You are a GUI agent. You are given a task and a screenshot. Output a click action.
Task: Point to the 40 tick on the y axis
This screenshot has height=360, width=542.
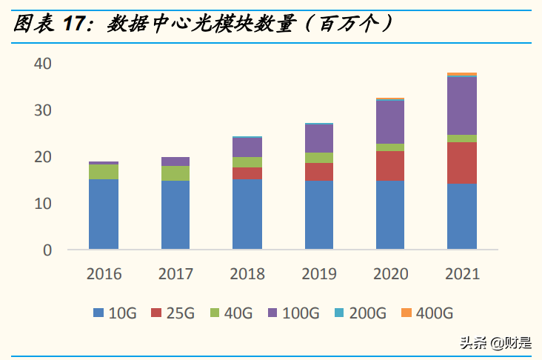pos(42,64)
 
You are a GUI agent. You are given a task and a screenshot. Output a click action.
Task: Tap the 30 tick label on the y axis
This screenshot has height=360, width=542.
pos(42,110)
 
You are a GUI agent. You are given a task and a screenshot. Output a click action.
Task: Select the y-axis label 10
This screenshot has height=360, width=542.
pos(42,203)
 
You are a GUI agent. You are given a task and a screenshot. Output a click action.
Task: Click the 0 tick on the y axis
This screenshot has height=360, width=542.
pos(47,250)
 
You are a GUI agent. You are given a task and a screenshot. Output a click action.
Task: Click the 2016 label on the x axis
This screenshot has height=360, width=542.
pos(103,274)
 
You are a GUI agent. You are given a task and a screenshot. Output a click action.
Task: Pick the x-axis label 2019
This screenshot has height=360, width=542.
pos(318,274)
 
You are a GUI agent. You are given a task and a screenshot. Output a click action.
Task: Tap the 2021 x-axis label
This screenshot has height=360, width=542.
pos(462,274)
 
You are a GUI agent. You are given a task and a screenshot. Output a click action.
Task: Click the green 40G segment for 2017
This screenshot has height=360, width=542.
pos(175,173)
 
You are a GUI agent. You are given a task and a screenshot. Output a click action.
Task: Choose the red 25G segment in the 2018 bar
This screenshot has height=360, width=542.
pos(247,173)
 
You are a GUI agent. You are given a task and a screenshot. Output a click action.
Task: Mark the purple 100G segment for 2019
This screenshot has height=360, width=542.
pos(318,138)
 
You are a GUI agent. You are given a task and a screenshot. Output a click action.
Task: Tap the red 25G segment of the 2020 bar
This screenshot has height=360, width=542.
pos(390,165)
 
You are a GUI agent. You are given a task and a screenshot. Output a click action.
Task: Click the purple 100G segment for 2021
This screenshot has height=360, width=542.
pos(462,106)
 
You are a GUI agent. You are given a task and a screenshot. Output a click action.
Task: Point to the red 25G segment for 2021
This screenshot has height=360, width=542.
pos(462,162)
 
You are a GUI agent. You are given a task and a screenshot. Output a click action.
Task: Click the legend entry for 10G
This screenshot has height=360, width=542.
pos(115,313)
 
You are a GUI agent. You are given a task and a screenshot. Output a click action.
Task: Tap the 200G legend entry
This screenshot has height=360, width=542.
pos(359,313)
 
